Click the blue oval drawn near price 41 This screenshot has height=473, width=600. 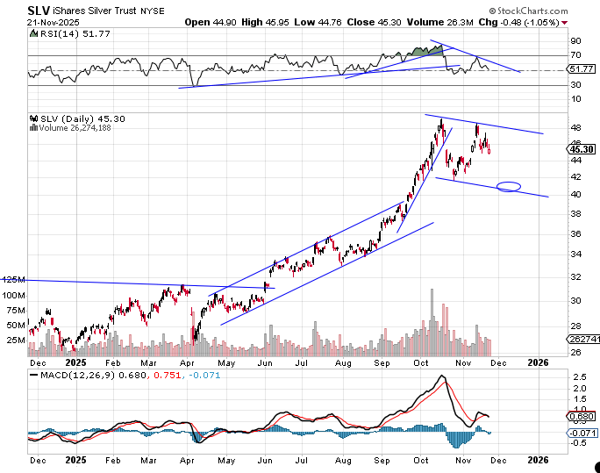coord(509,186)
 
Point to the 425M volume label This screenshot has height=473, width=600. coord(12,279)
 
